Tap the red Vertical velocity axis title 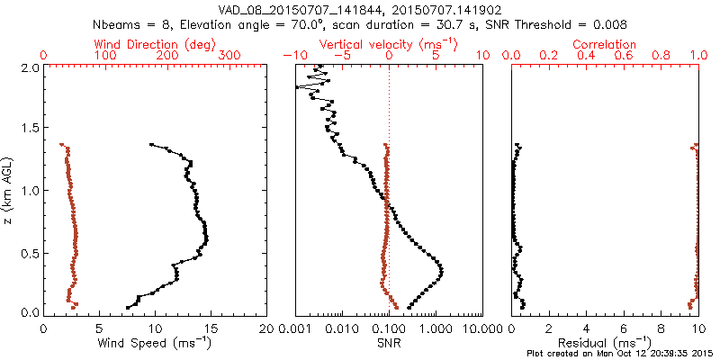pos(389,44)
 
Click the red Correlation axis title pos(605,44)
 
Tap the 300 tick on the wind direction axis pos(230,56)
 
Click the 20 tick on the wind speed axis pos(266,329)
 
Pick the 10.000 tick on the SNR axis pos(478,329)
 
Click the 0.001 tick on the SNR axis pos(295,329)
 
